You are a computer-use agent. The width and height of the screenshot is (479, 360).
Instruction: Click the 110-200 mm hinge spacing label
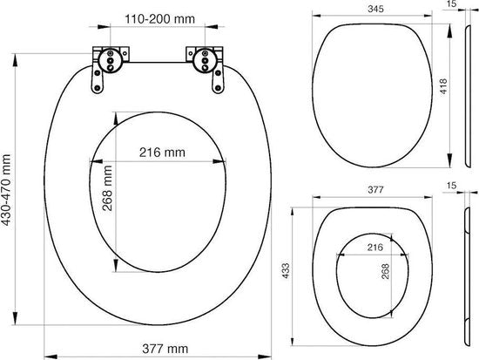(159, 19)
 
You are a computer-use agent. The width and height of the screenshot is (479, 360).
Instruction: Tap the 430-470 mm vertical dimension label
(6, 190)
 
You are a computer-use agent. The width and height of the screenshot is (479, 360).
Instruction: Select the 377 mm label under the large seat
(165, 349)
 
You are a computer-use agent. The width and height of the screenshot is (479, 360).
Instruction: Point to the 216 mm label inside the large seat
(162, 153)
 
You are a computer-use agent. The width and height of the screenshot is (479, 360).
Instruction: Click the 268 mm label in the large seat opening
(107, 188)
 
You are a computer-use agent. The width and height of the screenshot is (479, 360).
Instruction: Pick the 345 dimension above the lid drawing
(375, 10)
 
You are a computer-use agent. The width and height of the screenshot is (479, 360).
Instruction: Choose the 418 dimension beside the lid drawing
(443, 86)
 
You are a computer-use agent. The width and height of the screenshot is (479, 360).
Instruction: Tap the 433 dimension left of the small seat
(286, 271)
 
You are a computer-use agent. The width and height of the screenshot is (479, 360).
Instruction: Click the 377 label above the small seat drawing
(375, 190)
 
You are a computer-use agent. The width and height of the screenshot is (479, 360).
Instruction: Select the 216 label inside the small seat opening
(375, 247)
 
